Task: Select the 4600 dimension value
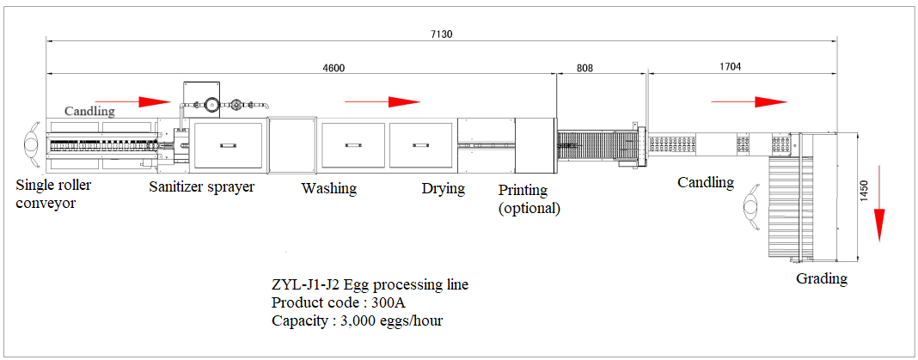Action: coord(334,67)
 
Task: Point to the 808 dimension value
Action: coord(584,67)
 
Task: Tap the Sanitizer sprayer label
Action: coord(201,187)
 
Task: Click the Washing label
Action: coord(329,188)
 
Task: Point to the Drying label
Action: coord(444,188)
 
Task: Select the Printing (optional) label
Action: coord(529,199)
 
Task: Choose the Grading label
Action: coord(822,278)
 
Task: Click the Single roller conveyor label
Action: coord(53,194)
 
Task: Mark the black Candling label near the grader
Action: coord(706,182)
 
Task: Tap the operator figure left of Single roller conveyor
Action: coord(31,143)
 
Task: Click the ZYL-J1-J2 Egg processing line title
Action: coord(370,285)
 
